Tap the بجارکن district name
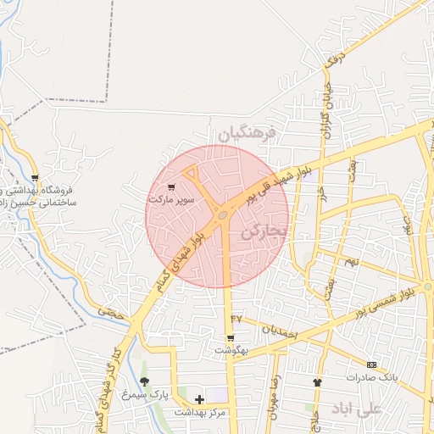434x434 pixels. coord(264,231)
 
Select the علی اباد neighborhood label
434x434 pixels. coord(359,409)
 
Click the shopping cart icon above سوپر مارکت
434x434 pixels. coord(172,187)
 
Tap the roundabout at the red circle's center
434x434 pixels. coord(222,215)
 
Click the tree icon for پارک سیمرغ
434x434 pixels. coord(143,382)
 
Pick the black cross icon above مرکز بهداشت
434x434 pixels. coord(199,398)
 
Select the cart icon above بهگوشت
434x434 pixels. coord(230,337)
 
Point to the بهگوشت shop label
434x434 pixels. coord(230,349)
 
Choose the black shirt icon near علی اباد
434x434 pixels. coord(318,382)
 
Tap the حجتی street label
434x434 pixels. coord(110,312)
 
